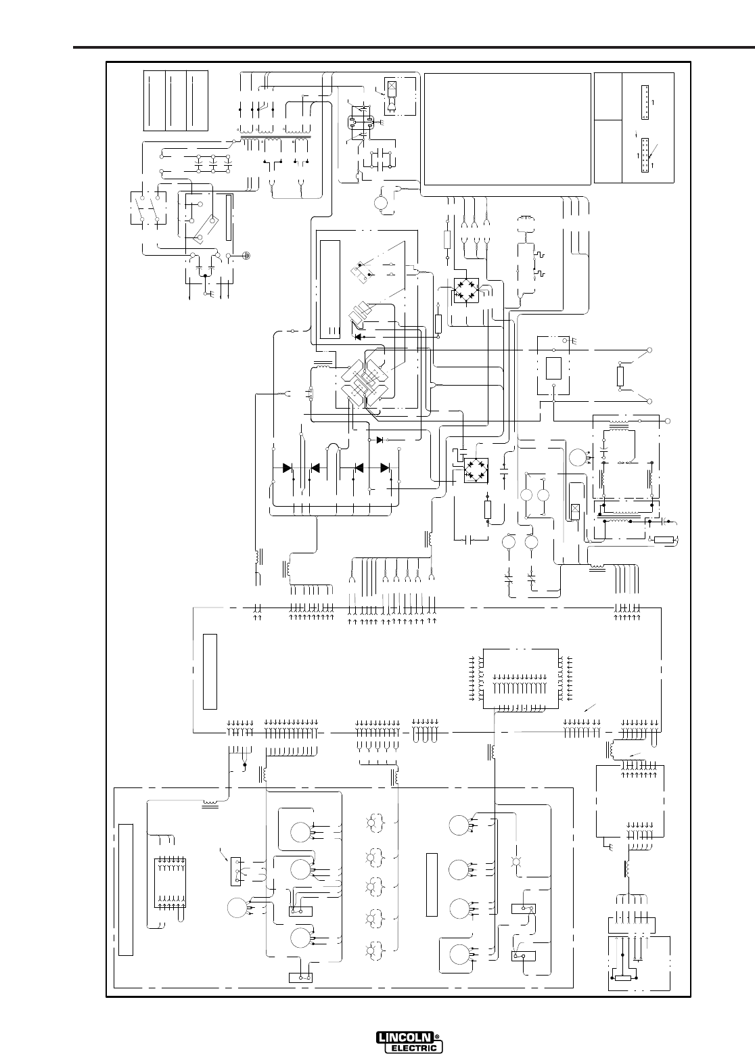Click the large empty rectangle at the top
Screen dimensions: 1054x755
tap(507, 129)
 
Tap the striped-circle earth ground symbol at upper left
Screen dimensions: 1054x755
tap(247, 256)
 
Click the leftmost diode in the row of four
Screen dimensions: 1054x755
tap(287, 467)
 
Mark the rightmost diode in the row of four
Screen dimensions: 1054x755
tap(385, 467)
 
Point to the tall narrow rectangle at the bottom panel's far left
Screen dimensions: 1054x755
tap(125, 889)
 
